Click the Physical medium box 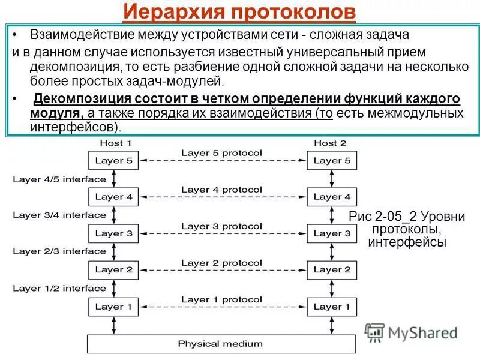(x=221, y=344)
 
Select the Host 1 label (x=115, y=143)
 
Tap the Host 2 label (x=330, y=143)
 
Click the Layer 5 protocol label (x=221, y=153)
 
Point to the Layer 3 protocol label (x=221, y=226)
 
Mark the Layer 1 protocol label (x=221, y=299)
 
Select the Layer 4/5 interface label (x=59, y=179)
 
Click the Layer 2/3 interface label (x=59, y=251)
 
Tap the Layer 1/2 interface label (x=59, y=288)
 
